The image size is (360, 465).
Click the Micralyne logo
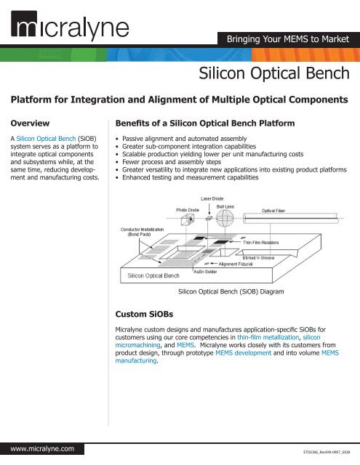point(70,25)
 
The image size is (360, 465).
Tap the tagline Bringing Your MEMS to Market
point(288,39)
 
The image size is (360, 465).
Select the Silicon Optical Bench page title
point(274,73)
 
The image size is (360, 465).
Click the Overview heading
point(30,123)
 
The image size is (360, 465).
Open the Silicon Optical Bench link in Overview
point(46,139)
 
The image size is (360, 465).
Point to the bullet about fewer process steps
point(172,162)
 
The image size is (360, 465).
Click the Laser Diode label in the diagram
point(212,198)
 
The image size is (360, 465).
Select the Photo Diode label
point(188,210)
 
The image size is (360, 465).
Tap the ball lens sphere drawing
point(225,219)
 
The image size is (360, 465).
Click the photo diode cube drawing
point(187,219)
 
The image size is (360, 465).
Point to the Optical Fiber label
point(273,211)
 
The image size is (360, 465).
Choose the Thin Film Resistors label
point(261,242)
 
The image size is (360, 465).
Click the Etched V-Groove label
point(258,258)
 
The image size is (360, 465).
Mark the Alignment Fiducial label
point(236,264)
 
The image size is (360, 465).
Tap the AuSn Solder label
point(205,271)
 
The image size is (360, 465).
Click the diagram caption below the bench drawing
point(231,291)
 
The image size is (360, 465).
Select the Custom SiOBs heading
point(144,314)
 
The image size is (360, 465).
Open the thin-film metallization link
point(268,337)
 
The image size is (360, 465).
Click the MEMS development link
point(244,352)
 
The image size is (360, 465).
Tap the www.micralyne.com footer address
point(42,449)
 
